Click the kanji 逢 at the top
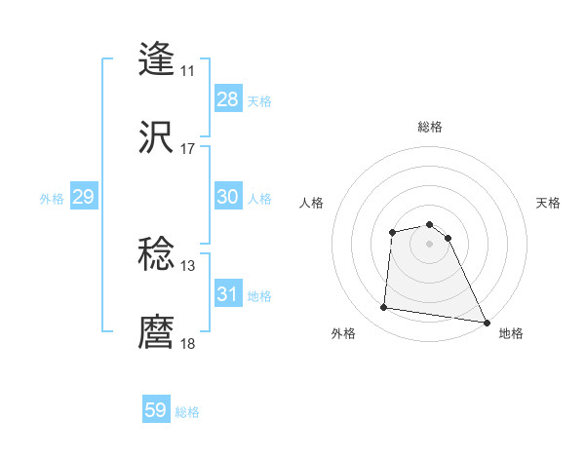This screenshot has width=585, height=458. pos(156,58)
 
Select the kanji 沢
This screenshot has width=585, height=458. pos(156,137)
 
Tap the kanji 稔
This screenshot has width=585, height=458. pos(156,254)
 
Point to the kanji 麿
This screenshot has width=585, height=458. pos(156,332)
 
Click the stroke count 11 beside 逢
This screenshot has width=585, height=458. pos(188,71)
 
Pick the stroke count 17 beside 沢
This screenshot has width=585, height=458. pos(188,149)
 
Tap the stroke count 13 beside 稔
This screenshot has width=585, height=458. pos(188,266)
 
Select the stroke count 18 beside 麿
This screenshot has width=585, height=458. pos(188,344)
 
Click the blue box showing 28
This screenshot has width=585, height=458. pos(227,99)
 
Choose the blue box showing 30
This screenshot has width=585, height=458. pos(227,197)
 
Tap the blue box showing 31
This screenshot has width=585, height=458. pos(227,293)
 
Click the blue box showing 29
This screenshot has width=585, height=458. pos(83,197)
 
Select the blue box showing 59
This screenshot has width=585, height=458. pos(156,410)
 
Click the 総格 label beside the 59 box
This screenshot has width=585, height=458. pos(188,412)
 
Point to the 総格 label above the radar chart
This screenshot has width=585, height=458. pos(430,127)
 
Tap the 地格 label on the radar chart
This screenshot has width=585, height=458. pos(511,333)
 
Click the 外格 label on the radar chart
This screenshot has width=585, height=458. pos(343,333)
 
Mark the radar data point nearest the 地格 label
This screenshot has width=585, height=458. pos(487,322)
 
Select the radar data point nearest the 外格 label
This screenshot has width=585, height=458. pos(384,308)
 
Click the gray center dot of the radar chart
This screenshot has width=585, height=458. pos(429,244)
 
